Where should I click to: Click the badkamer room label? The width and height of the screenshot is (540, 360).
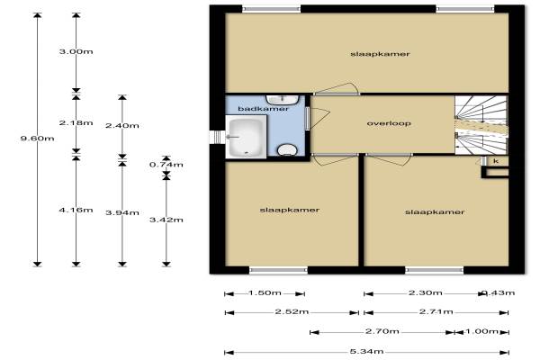point(263,109)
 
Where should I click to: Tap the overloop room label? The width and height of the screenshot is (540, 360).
point(389,123)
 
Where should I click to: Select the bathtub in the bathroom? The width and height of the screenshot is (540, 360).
point(246,137)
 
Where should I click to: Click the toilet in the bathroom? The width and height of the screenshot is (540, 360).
point(287,150)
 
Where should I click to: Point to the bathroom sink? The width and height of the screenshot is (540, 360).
point(283,100)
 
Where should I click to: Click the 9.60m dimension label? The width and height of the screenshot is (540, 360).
point(37,139)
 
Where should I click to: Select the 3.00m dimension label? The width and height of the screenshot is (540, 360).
point(76,51)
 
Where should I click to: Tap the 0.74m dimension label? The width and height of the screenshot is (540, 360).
point(166,165)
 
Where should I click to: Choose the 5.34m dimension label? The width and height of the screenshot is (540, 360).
point(367,352)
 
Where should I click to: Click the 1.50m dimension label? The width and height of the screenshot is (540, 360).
point(265,293)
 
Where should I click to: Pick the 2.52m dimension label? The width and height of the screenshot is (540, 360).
point(292,312)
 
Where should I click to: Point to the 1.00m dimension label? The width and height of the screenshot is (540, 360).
point(482,331)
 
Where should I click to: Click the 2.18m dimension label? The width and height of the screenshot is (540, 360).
point(76,122)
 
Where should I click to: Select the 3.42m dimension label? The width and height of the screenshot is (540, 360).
point(166,220)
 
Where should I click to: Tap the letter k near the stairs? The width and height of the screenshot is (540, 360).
point(496,161)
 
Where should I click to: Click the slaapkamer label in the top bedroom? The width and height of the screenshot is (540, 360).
point(380,54)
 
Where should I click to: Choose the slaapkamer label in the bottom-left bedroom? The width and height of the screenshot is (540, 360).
point(290,210)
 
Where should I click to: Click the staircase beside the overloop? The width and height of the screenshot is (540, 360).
point(481,125)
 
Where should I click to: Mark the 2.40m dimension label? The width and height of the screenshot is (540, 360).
point(122,126)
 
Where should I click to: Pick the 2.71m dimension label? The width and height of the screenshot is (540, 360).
point(436,312)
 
